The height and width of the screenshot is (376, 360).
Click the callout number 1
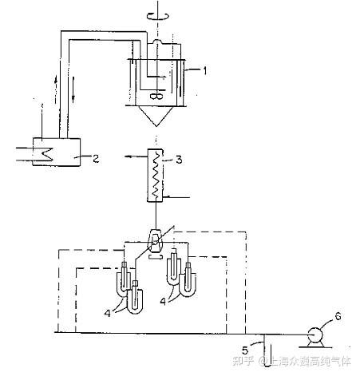204,70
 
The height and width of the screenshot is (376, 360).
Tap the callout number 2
96,159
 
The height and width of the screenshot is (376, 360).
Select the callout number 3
179,160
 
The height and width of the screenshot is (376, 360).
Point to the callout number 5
245,350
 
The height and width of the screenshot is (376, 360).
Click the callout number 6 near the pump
338,316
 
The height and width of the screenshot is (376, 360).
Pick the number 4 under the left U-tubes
108,313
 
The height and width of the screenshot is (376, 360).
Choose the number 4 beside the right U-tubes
163,301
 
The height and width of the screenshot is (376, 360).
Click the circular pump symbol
315,335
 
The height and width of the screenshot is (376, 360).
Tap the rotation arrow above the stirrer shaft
158,16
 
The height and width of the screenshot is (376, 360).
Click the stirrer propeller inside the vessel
156,97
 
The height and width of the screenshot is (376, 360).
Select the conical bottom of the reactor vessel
156,116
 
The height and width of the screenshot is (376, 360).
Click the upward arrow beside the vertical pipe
56,89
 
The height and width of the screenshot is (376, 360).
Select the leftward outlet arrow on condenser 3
136,156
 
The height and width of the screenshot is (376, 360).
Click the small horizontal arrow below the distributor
156,257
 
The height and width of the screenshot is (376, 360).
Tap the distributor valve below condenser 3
156,241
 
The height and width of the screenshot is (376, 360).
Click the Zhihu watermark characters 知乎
243,361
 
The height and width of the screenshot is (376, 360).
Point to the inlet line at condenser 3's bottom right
176,197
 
